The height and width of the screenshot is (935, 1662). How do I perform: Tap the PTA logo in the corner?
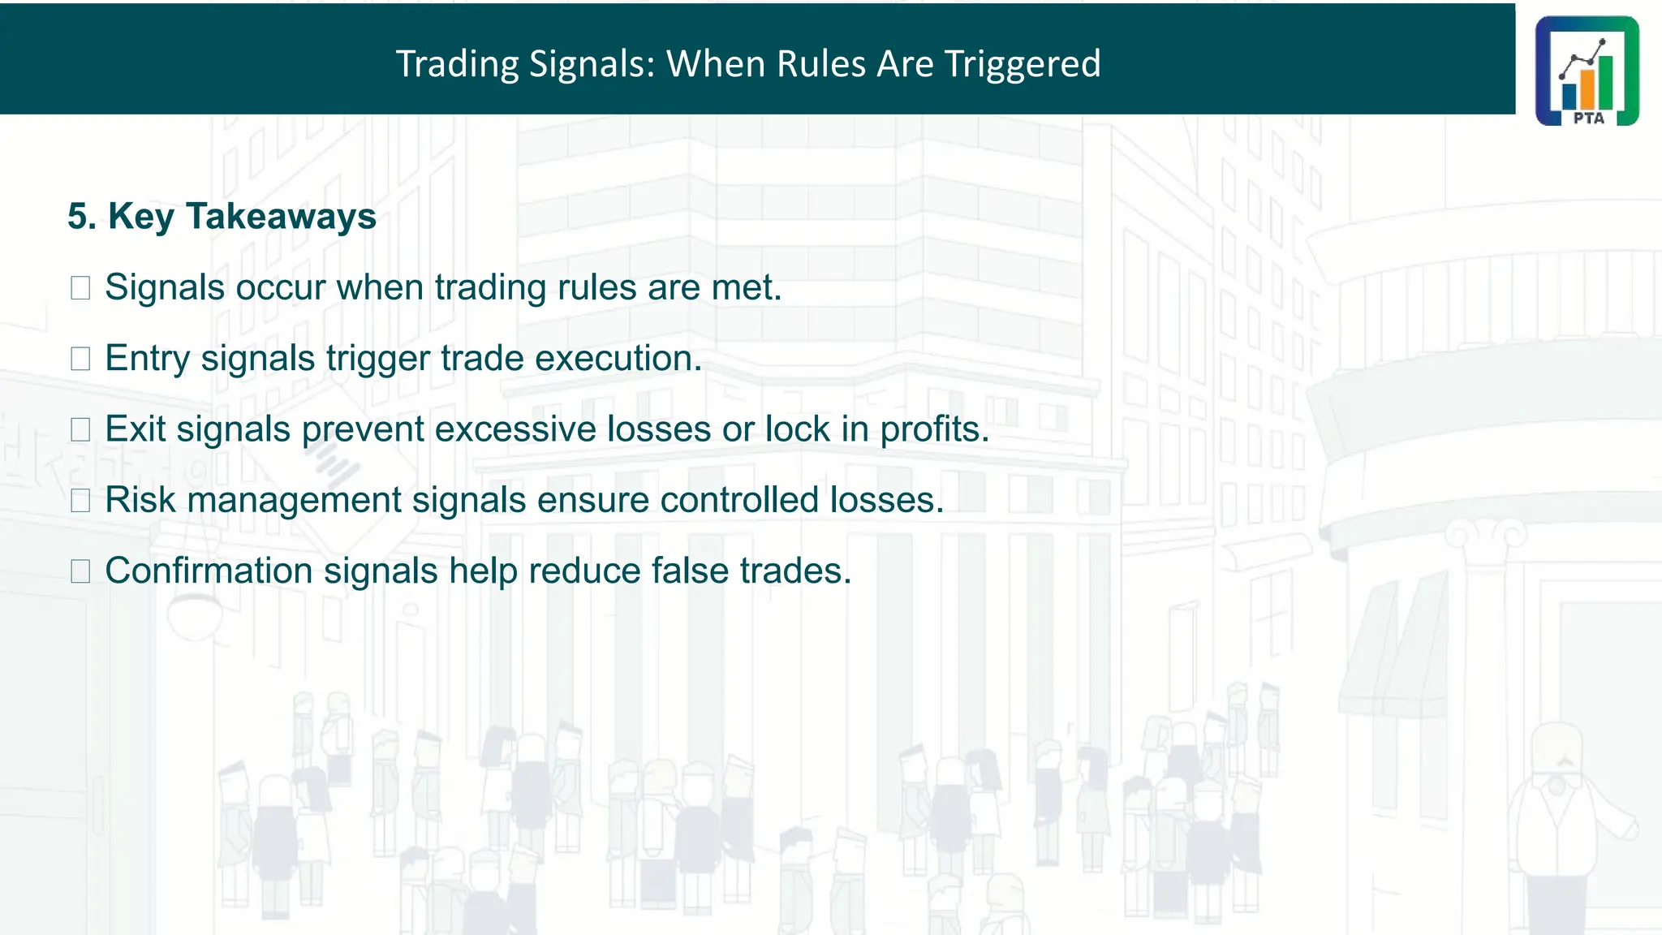tap(1587, 71)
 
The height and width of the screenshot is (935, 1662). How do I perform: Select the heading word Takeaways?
tap(282, 217)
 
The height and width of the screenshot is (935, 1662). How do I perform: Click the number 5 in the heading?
tap(77, 217)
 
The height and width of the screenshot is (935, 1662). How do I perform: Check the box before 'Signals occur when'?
tap(80, 288)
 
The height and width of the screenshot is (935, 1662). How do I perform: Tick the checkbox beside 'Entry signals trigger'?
tap(80, 359)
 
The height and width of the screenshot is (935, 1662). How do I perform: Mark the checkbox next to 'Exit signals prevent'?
tap(80, 429)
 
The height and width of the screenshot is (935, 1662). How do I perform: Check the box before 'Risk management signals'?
tap(80, 500)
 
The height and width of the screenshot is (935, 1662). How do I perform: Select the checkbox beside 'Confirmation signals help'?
tap(80, 571)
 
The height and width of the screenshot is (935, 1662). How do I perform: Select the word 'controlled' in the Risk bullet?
tap(738, 500)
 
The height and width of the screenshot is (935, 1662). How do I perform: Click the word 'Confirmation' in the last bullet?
tap(209, 571)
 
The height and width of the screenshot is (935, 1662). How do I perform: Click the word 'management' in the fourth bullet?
tap(294, 500)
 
